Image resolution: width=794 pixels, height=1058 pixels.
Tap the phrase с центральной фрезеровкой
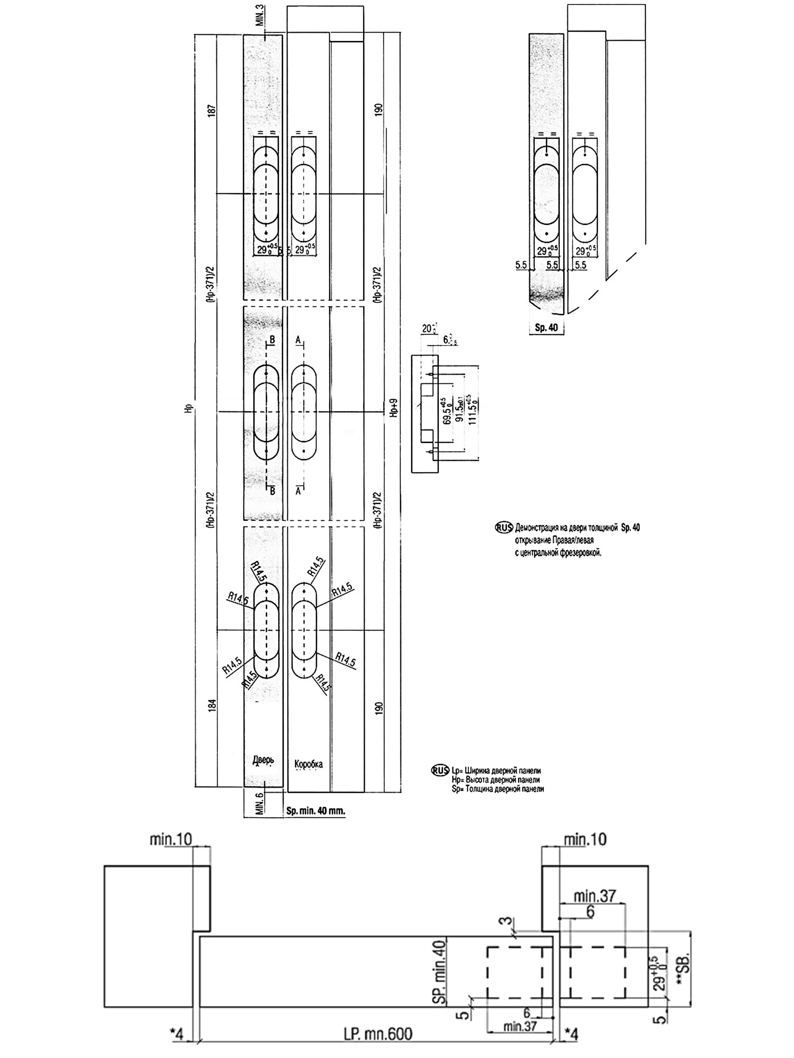click(558, 553)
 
